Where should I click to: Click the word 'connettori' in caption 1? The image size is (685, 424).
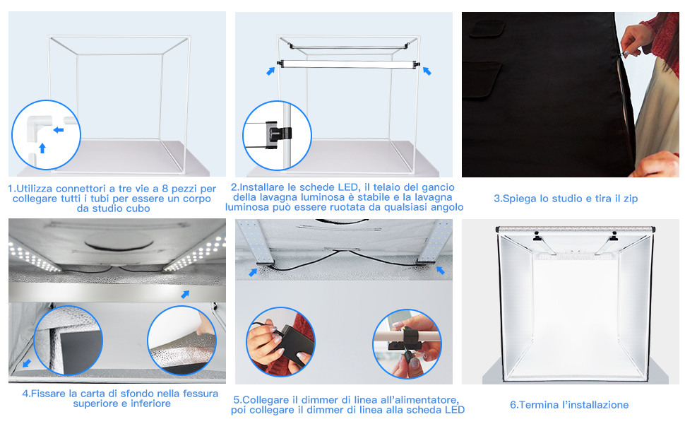[x=81, y=189]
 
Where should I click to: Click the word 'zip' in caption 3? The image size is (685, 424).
[x=631, y=199]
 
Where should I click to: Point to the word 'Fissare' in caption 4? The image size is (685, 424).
[x=47, y=394]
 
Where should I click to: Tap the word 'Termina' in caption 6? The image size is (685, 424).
[x=537, y=405]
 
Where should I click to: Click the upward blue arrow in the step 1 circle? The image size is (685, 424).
[x=42, y=148]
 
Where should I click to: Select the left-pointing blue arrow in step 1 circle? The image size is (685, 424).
[x=59, y=130]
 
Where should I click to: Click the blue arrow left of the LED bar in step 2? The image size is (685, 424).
[x=271, y=71]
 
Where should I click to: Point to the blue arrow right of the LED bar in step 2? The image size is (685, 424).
[x=427, y=71]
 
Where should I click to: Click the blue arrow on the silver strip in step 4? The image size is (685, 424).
[x=185, y=294]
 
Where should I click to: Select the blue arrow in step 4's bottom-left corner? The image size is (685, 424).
[x=27, y=363]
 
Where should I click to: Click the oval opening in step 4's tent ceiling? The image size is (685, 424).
[x=119, y=240]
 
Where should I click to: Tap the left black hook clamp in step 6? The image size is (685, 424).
[x=537, y=237]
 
